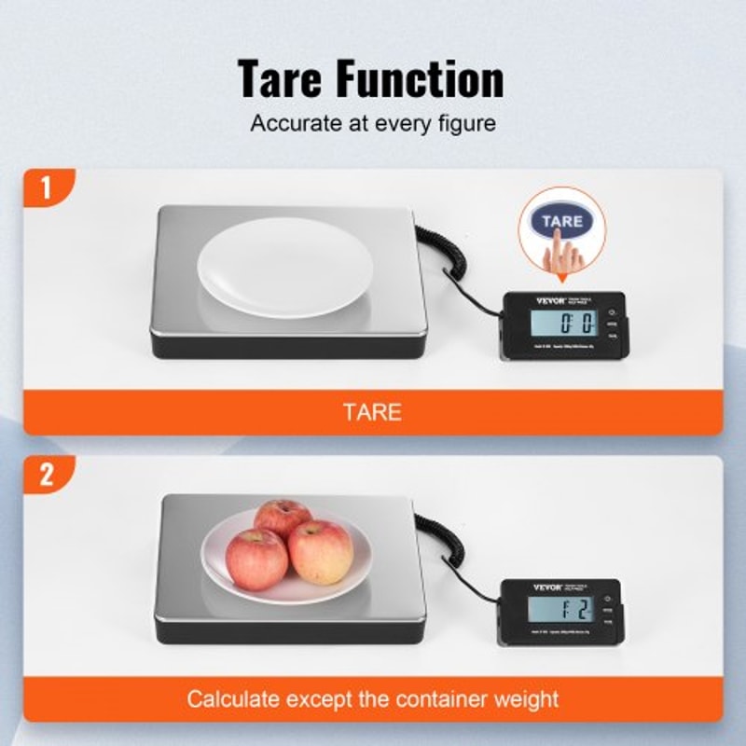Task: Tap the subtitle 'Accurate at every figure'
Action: pyautogui.click(x=372, y=122)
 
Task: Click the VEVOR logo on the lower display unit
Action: pyautogui.click(x=519, y=588)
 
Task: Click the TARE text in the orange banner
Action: pyautogui.click(x=372, y=411)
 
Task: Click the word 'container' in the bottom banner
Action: pyautogui.click(x=432, y=698)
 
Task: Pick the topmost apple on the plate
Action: pyautogui.click(x=282, y=518)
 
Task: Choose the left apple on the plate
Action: pyautogui.click(x=256, y=558)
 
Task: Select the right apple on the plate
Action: pyautogui.click(x=321, y=552)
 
